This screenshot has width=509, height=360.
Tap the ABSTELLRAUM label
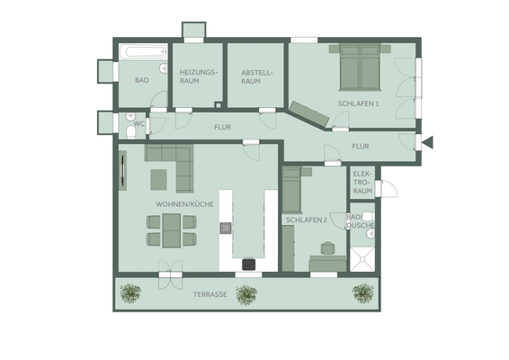250,76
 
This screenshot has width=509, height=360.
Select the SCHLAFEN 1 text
358,103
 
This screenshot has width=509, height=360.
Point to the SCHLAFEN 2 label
307,220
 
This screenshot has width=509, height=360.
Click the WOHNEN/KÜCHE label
183,204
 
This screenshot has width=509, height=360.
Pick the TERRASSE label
209,295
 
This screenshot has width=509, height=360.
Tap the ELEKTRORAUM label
362,182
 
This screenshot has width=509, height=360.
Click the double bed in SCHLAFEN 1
359,67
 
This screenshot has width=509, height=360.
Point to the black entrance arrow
428,141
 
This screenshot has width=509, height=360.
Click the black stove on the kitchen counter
249,264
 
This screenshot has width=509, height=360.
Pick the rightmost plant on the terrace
363,292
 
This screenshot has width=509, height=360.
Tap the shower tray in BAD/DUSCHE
363,258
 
